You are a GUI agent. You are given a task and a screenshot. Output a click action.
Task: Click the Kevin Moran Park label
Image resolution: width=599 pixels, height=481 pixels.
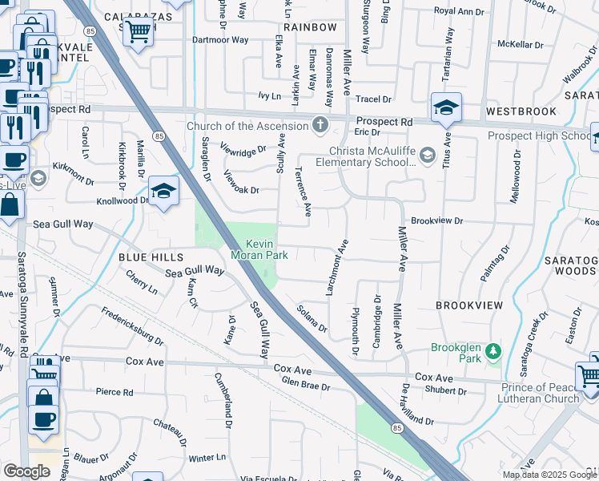(x=259, y=249)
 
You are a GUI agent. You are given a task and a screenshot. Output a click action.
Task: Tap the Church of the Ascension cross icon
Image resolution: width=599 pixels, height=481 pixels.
(x=320, y=125)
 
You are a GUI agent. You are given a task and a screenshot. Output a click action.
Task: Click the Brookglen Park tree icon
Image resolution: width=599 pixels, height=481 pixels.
(x=494, y=350)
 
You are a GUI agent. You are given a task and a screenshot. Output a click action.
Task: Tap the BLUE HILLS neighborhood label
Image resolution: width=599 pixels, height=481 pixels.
(x=151, y=257)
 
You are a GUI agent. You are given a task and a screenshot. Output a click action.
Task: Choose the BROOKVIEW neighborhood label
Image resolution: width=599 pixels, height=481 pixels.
(x=469, y=305)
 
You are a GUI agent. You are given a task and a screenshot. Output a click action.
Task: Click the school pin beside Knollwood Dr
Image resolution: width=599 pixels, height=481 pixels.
(x=163, y=192)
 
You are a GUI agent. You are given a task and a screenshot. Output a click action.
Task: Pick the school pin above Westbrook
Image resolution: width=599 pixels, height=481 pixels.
(x=446, y=107)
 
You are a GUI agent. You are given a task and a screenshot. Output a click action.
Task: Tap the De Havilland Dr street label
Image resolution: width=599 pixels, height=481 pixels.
(x=417, y=406)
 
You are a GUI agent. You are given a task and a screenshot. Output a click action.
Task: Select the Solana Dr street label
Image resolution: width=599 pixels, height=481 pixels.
(x=312, y=318)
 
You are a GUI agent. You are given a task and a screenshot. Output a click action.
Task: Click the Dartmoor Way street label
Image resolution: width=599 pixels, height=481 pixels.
(x=219, y=40)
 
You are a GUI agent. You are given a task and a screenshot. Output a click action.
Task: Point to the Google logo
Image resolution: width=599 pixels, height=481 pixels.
(x=26, y=471)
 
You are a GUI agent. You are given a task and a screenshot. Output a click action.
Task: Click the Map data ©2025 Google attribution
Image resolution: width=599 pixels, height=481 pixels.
(x=549, y=475)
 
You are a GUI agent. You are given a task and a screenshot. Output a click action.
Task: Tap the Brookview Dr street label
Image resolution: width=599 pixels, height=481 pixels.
(x=437, y=220)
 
